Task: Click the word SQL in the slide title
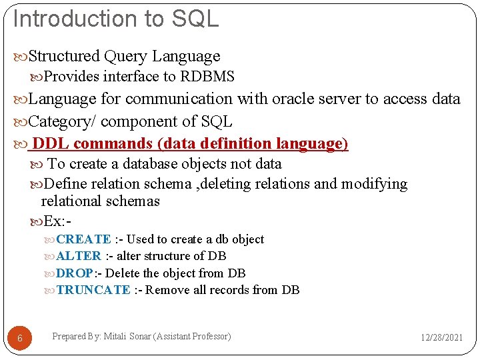coord(195,19)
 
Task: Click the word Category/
coord(63,121)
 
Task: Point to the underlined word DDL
coord(51,143)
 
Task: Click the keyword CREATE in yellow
coord(83,239)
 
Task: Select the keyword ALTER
coord(79,256)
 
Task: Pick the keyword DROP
coord(75,273)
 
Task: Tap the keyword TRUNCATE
coord(93,290)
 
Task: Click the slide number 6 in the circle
coord(20,339)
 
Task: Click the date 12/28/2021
coord(441,338)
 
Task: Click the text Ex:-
coord(57,221)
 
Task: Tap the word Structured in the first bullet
coord(65,57)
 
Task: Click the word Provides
coord(72,77)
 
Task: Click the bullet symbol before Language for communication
coord(21,99)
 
